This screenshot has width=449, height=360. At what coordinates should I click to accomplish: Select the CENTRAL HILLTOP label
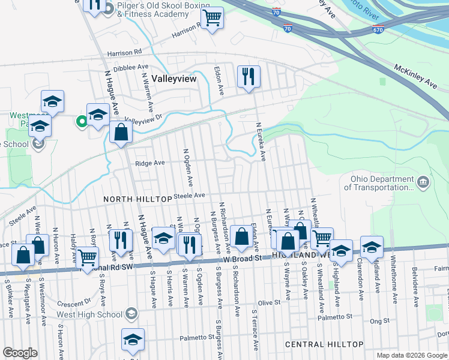coord(324,344)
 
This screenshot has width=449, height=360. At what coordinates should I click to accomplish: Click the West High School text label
coord(89,314)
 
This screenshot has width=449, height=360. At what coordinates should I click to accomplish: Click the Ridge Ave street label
coord(149,163)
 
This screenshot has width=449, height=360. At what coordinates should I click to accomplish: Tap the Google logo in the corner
coord(20,353)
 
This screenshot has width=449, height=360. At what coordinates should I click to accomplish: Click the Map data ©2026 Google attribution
coord(411,355)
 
